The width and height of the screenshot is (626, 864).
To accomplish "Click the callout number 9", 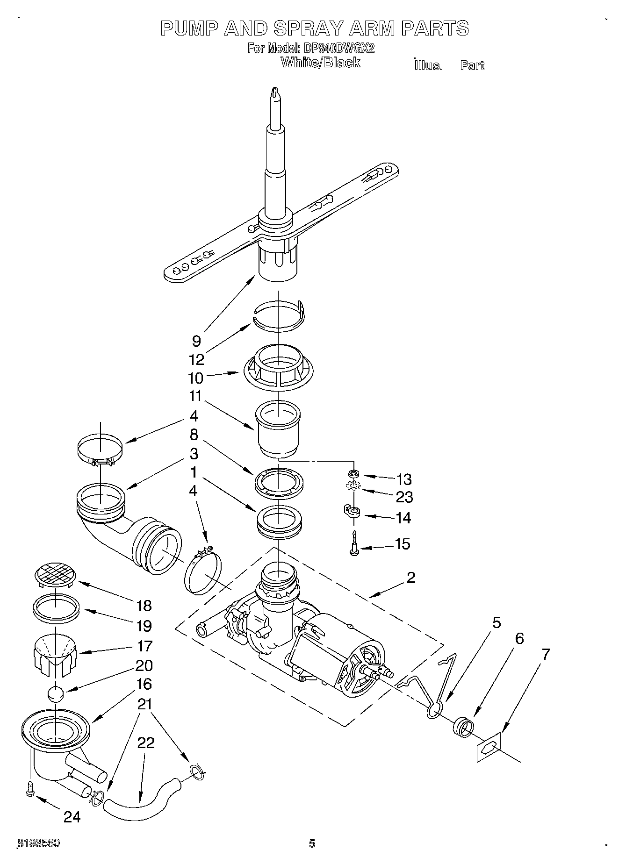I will (196, 341).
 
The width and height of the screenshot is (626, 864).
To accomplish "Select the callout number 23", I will (404, 497).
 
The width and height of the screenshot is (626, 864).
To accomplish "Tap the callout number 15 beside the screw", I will (402, 543).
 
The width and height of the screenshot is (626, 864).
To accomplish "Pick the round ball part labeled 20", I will (56, 693).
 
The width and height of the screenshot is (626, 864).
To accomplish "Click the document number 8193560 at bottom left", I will (38, 843).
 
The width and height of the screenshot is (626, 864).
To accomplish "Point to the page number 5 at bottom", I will (312, 843).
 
